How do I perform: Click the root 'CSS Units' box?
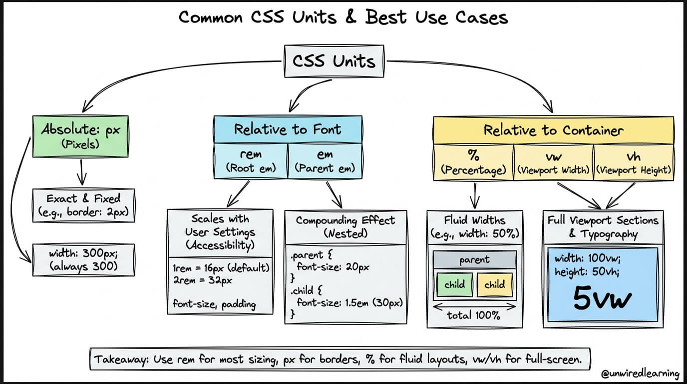(x=334, y=61)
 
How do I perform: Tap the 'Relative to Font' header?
(x=288, y=130)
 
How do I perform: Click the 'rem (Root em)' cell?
(x=251, y=161)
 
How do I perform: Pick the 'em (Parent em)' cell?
(x=325, y=161)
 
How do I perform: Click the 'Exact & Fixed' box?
(x=83, y=205)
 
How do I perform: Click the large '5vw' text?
(x=602, y=299)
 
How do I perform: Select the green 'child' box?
(x=454, y=284)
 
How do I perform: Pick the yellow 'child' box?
(x=494, y=284)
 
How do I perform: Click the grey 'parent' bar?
(x=474, y=260)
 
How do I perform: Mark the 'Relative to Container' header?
(x=553, y=130)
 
